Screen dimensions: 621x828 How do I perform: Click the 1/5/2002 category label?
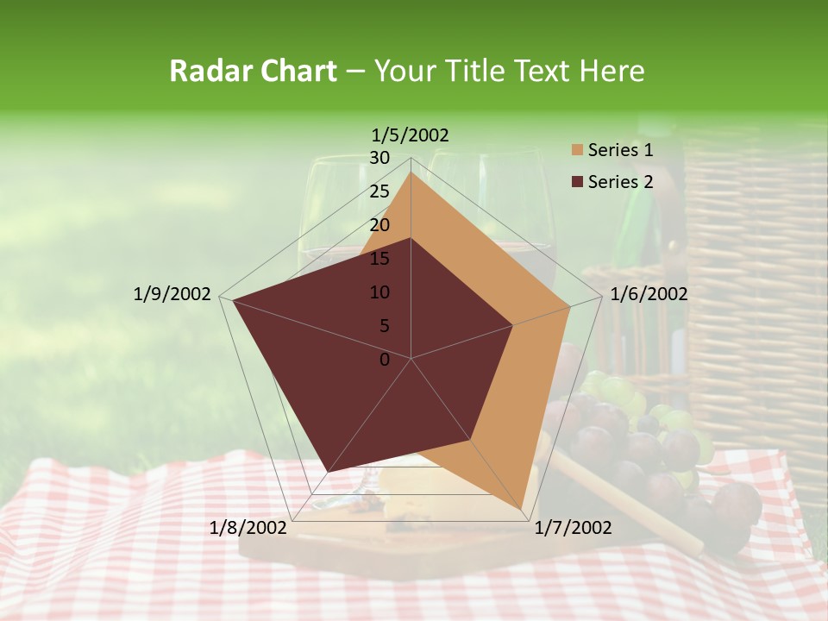click(411, 135)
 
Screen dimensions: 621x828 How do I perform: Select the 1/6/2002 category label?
click(649, 294)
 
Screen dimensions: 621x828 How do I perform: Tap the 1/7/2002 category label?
click(573, 527)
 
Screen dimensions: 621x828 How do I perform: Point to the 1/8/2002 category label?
click(248, 527)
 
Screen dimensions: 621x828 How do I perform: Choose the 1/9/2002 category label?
click(172, 294)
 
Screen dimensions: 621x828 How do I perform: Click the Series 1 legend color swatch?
click(577, 150)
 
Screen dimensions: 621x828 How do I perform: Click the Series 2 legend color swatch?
click(577, 182)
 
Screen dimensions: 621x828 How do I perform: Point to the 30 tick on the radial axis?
click(379, 158)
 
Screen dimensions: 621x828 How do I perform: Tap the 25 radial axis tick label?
click(379, 191)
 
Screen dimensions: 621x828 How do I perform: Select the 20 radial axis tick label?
click(379, 225)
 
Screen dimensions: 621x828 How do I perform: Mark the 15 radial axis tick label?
click(379, 259)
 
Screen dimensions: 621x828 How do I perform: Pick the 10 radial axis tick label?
click(379, 292)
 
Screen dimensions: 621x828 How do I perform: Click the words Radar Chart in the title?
click(253, 72)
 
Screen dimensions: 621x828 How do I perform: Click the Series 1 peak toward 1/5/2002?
click(411, 172)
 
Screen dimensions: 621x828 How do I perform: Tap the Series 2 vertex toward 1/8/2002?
click(328, 471)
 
